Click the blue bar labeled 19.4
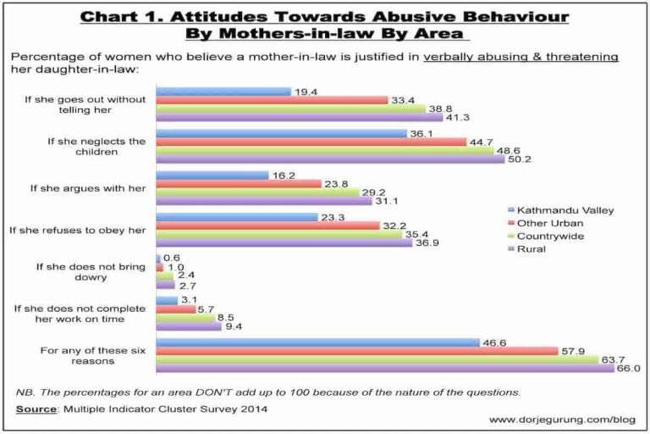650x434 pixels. [223, 90]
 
